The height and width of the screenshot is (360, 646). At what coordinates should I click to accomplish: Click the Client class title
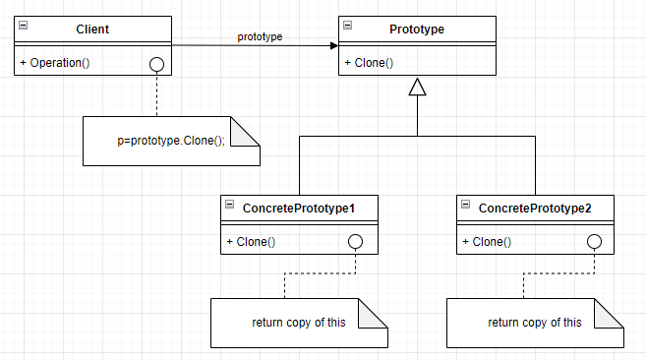click(92, 30)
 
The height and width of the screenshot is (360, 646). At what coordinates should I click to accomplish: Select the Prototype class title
click(418, 30)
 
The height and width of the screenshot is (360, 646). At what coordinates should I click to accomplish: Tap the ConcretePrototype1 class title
click(298, 209)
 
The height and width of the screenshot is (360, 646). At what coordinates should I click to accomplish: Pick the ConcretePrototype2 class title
click(534, 209)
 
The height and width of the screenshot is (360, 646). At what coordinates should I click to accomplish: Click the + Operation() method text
click(55, 63)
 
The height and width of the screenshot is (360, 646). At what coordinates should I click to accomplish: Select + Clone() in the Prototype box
click(369, 63)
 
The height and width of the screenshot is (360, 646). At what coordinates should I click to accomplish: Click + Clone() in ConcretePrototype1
click(251, 242)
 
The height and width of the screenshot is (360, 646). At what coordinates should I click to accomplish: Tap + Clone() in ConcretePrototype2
click(487, 242)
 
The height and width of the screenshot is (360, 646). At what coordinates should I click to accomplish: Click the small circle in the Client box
click(156, 64)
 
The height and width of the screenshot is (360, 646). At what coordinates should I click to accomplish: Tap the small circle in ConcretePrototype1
click(356, 242)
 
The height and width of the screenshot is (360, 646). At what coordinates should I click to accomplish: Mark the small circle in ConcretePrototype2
click(593, 242)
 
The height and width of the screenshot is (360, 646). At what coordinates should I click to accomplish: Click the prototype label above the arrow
click(260, 36)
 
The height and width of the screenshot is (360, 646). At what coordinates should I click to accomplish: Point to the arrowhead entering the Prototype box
click(332, 45)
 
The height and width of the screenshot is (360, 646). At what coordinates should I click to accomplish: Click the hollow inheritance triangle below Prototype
click(418, 89)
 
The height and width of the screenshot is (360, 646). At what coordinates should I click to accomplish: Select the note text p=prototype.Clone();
click(171, 141)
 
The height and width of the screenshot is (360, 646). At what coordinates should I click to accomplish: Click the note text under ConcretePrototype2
click(534, 323)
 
